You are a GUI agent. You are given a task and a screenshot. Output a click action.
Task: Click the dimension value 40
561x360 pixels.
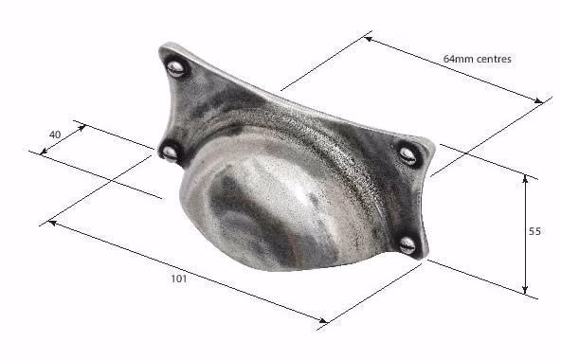pyautogui.click(x=55, y=135)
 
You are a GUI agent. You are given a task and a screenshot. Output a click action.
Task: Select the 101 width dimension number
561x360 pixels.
pyautogui.click(x=179, y=279)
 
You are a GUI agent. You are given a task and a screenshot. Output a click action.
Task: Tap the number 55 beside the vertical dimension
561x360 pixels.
pyautogui.click(x=534, y=231)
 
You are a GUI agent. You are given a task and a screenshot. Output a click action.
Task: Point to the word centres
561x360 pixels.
pyautogui.click(x=494, y=59)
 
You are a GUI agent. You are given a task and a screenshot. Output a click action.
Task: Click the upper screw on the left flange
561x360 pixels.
pyautogui.click(x=175, y=68)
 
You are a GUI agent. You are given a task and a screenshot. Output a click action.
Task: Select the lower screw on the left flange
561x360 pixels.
pyautogui.click(x=170, y=153)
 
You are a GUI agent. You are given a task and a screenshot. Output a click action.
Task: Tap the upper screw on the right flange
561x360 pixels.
pyautogui.click(x=407, y=155)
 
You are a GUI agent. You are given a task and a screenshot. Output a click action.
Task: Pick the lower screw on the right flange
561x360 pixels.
pyautogui.click(x=407, y=245)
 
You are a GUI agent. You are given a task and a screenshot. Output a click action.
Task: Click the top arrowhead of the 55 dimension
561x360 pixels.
pyautogui.click(x=525, y=178)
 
